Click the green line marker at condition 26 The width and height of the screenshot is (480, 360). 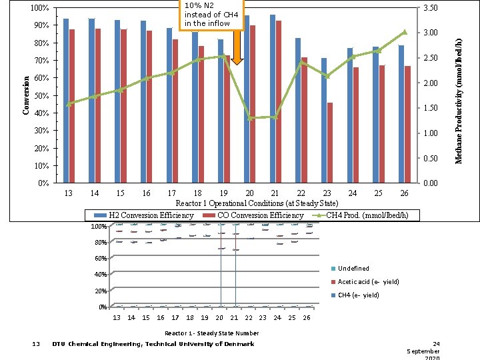[404, 32]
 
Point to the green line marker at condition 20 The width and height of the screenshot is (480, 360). [250, 118]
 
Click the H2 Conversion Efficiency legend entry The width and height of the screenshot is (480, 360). [144, 215]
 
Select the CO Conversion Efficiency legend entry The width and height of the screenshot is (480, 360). [253, 215]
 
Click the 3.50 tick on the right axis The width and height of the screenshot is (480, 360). [431, 8]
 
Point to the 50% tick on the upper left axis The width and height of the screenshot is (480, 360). [40, 96]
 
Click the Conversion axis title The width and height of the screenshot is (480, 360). [26, 95]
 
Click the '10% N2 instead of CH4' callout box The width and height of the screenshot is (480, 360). [207, 15]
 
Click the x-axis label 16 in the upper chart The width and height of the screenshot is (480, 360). [146, 193]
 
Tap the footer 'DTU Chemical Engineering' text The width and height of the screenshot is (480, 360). [153, 345]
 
